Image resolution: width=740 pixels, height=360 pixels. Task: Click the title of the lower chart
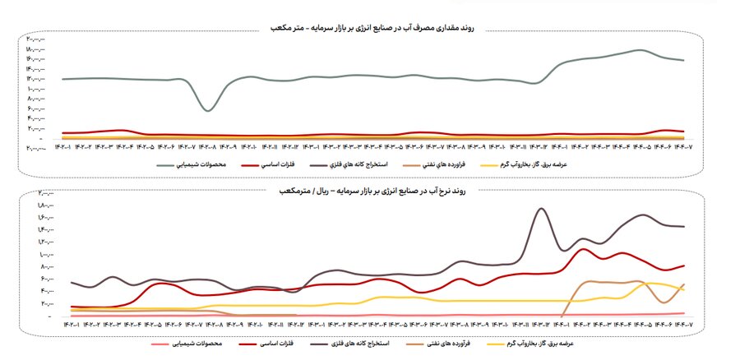tap(374, 192)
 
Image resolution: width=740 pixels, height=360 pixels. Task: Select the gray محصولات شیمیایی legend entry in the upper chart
tap(201, 164)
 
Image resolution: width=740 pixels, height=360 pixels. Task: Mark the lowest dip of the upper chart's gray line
tap(209, 110)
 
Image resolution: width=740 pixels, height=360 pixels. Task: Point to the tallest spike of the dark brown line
tap(540, 208)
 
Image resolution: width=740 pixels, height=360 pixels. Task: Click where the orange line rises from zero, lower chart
tap(562, 316)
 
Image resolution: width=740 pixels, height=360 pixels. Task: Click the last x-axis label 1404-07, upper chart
tap(684, 149)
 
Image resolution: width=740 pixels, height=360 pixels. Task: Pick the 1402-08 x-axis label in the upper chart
tap(210, 149)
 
